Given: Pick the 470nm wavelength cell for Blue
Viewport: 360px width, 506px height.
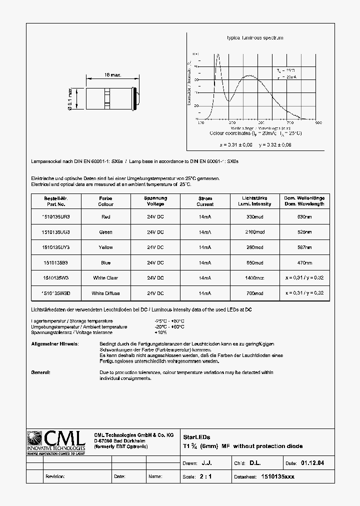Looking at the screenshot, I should (x=304, y=262).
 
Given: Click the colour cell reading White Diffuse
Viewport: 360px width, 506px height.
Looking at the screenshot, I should (x=105, y=293).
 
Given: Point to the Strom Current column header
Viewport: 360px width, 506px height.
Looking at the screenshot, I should (x=205, y=201).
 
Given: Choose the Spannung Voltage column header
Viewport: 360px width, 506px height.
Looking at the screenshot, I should (x=155, y=201).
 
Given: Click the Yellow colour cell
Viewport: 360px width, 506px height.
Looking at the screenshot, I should (x=105, y=247).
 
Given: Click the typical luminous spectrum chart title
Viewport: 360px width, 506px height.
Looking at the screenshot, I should (x=255, y=38).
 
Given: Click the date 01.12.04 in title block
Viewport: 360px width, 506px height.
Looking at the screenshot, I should (x=312, y=463).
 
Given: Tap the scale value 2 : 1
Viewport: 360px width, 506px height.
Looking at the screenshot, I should (x=205, y=476).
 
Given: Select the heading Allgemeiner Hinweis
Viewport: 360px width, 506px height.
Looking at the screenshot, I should (x=54, y=344).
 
